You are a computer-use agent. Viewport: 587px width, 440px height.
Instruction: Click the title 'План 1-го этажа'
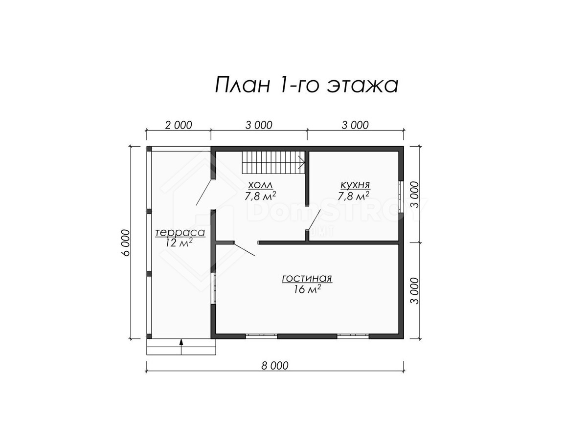click(x=307, y=85)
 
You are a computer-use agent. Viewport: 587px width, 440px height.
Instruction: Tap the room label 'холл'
click(x=261, y=185)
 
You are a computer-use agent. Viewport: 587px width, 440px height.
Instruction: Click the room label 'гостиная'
click(x=307, y=278)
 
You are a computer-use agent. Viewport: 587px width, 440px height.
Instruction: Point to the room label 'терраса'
click(x=180, y=232)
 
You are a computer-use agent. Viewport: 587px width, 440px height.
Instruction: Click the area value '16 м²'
click(x=307, y=289)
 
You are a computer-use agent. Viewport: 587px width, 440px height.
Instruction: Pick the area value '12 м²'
click(x=179, y=243)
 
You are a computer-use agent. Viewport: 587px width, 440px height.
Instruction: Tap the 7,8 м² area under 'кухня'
click(x=354, y=196)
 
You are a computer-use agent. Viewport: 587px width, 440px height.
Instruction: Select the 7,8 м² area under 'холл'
click(x=260, y=196)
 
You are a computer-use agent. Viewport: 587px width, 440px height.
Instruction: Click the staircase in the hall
click(x=273, y=162)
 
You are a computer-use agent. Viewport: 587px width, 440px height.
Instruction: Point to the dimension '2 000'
click(x=179, y=125)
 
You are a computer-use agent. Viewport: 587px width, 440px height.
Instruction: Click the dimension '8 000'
click(x=275, y=366)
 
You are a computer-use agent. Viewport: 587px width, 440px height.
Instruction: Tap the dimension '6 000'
click(x=126, y=242)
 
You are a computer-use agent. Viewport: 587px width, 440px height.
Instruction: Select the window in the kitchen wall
click(x=401, y=197)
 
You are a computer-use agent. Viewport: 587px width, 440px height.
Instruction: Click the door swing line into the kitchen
click(x=314, y=220)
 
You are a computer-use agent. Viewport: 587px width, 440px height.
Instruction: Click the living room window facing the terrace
click(x=213, y=288)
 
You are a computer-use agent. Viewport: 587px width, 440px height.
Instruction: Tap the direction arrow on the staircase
click(x=302, y=162)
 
